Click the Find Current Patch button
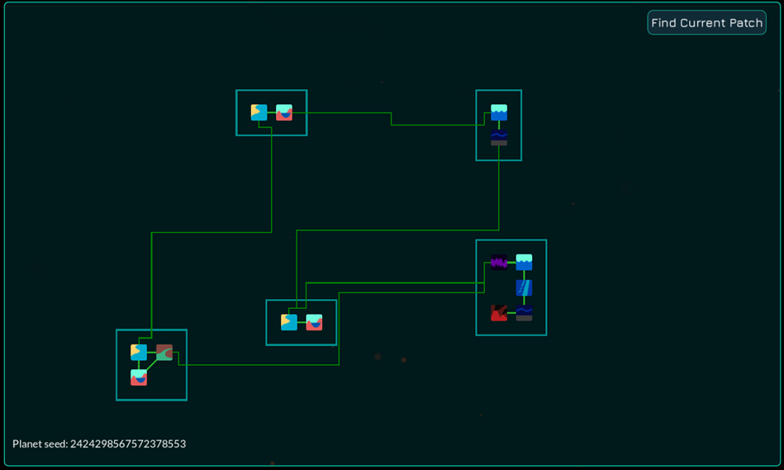click(706, 22)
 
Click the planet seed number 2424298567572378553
click(128, 444)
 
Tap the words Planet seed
click(39, 444)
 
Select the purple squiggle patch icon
click(499, 262)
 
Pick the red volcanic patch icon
click(499, 313)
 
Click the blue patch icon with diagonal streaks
click(524, 287)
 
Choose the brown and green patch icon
click(164, 353)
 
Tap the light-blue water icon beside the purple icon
click(524, 262)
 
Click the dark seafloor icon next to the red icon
click(524, 313)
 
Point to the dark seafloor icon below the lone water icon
click(499, 137)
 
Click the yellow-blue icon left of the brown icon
click(139, 353)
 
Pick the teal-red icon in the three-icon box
click(139, 377)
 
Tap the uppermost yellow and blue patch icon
click(259, 112)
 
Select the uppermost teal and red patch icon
click(284, 112)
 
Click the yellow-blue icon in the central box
click(289, 322)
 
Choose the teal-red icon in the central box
click(314, 322)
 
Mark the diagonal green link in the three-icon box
click(151, 365)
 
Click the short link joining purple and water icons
click(511, 263)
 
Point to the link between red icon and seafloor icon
click(511, 313)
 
